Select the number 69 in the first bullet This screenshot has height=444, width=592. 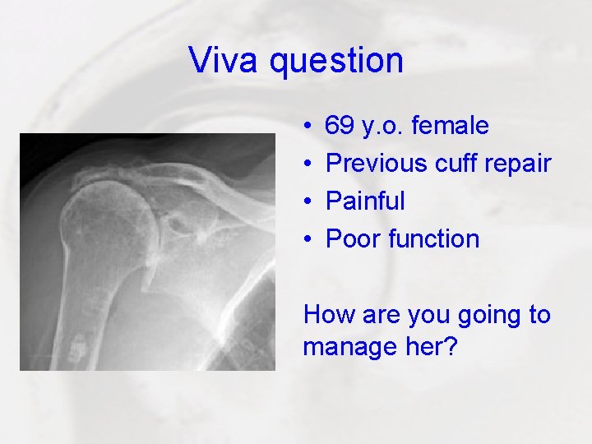tap(340, 126)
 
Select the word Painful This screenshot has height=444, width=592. tap(365, 201)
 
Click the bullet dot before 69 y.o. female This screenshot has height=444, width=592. tap(307, 127)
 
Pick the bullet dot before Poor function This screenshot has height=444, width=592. tap(307, 240)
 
